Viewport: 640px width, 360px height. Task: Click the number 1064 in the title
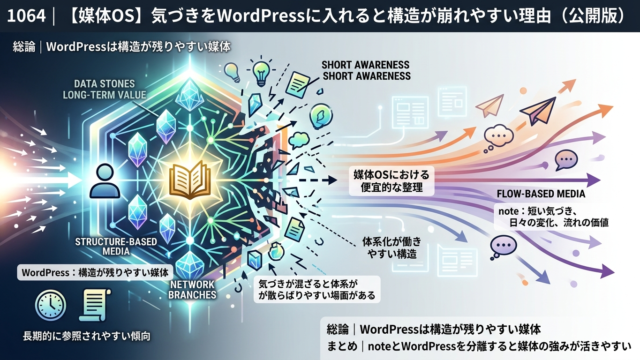(26, 16)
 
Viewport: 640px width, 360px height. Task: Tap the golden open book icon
(190, 180)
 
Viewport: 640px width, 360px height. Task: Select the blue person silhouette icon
(104, 181)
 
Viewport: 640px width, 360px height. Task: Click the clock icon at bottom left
(51, 305)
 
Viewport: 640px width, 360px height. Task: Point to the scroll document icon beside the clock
(95, 304)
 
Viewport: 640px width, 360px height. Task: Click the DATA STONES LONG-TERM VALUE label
(104, 89)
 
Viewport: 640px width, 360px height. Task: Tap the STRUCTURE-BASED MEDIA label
(116, 246)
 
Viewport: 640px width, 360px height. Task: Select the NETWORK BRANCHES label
(192, 289)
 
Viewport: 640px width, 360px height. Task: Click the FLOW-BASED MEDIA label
(541, 194)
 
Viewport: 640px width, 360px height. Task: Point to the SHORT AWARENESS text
(366, 70)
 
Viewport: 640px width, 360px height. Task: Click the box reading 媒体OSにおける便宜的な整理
(391, 181)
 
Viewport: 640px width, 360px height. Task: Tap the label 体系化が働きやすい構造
(391, 248)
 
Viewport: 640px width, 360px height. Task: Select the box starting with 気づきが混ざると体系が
(317, 289)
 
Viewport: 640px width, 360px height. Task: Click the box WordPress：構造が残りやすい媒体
(95, 272)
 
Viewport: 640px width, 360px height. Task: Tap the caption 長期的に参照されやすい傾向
(87, 336)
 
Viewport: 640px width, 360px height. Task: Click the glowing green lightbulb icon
(261, 72)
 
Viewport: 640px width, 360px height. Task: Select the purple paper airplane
(538, 110)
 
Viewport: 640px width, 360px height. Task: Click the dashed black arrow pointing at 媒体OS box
(318, 180)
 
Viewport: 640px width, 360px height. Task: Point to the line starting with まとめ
(479, 347)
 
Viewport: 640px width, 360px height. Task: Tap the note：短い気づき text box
(553, 217)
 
